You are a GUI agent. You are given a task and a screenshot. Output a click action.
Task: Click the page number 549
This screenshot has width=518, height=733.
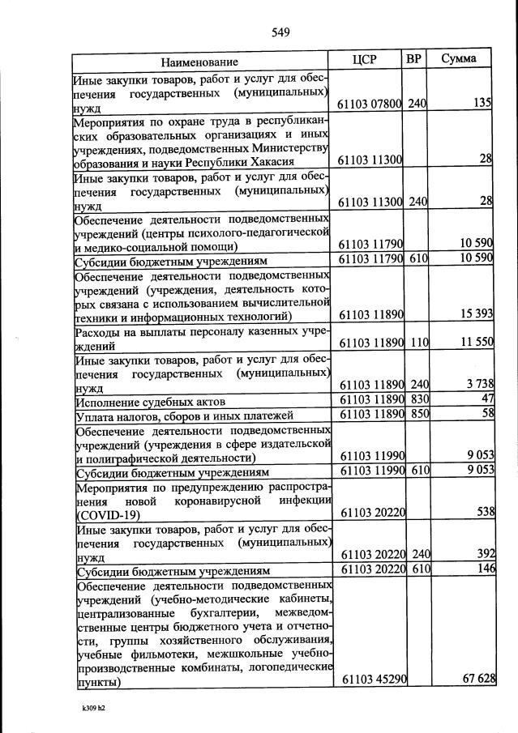click(x=280, y=32)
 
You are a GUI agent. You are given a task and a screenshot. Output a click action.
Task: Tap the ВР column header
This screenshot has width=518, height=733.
click(x=414, y=60)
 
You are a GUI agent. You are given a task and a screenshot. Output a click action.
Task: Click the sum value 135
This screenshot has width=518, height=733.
click(x=483, y=104)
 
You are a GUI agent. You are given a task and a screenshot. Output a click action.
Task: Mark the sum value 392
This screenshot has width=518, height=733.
click(x=483, y=556)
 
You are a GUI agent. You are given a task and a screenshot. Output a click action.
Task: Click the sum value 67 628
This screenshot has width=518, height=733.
click(x=478, y=680)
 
